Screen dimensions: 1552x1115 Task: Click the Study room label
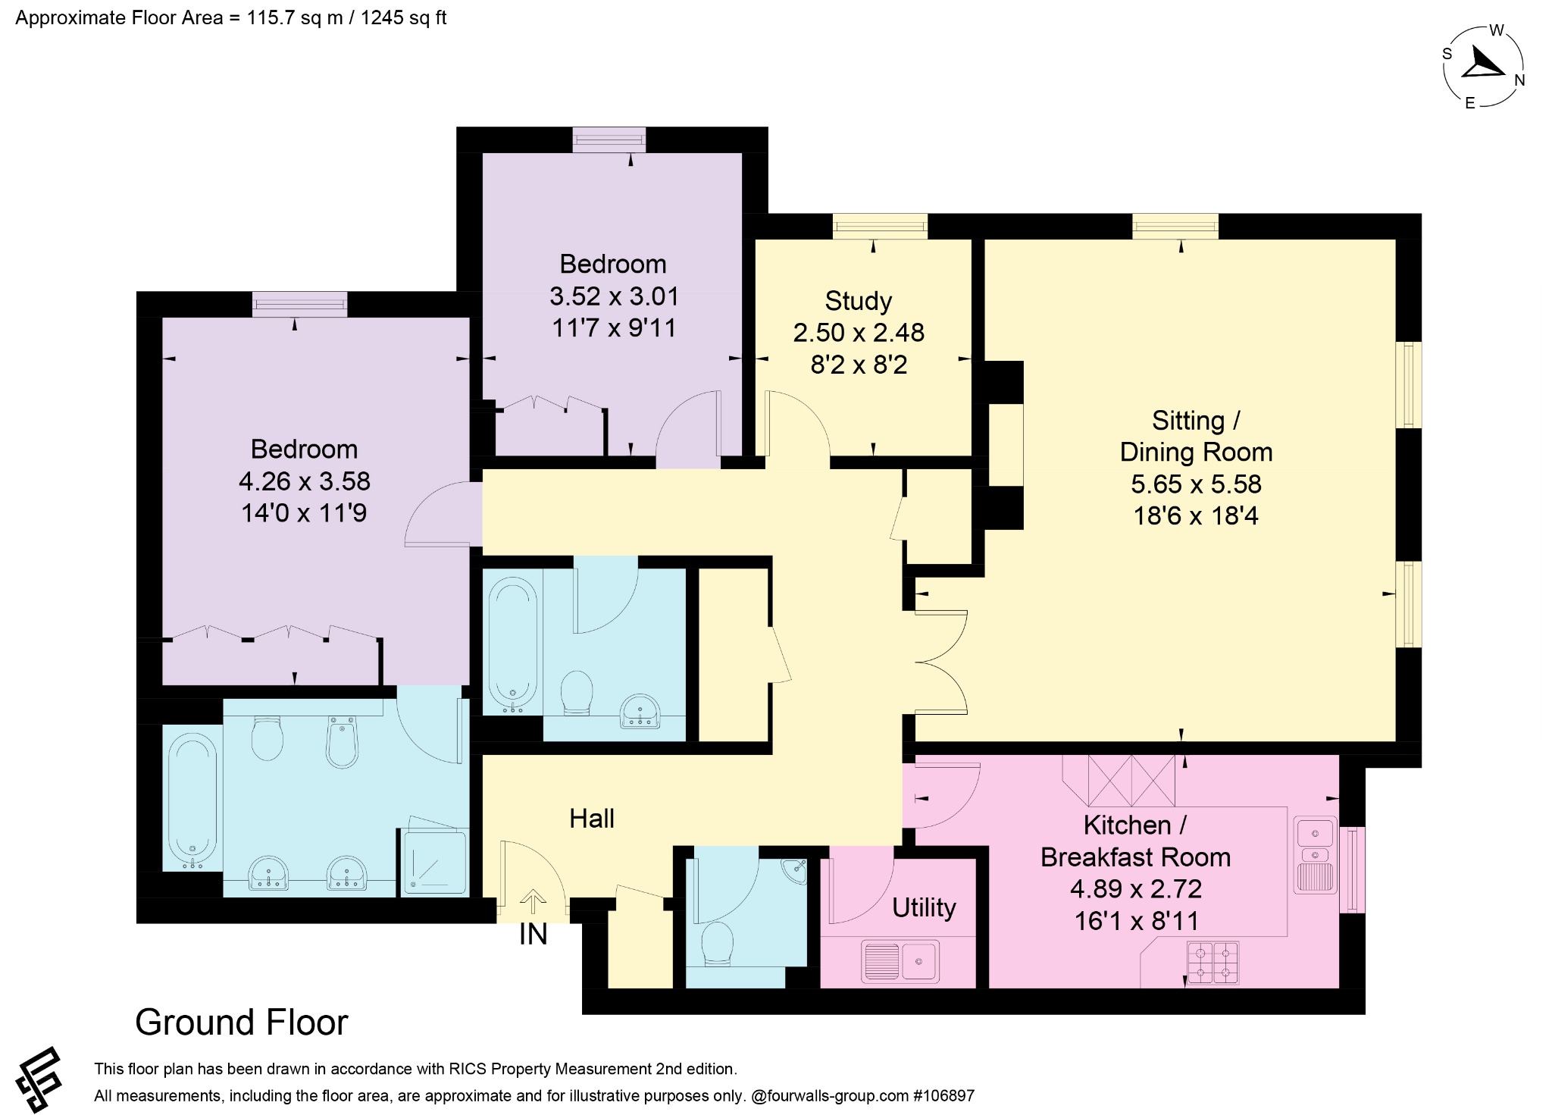(858, 301)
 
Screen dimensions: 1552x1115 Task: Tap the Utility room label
(924, 907)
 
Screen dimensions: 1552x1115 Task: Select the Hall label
(592, 819)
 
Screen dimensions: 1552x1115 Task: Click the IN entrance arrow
(533, 902)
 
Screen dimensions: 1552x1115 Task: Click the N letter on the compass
(1519, 80)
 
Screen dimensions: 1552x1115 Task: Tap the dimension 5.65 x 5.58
(1196, 484)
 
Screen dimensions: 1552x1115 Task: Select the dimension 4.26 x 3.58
(304, 481)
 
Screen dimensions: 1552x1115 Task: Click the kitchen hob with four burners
(1212, 963)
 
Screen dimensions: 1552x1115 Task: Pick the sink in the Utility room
(900, 960)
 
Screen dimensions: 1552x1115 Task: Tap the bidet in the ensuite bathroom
(342, 741)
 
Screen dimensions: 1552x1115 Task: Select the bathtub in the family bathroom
(513, 645)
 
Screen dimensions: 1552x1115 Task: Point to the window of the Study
(880, 226)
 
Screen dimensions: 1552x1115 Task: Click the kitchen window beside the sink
(1352, 869)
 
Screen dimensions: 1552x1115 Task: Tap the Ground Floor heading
(242, 1023)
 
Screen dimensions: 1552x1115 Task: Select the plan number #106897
(944, 1095)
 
